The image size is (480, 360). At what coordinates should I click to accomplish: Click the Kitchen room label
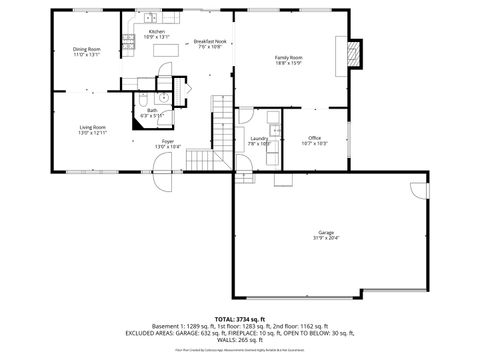[x=158, y=32]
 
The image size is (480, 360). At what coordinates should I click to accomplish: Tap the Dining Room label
[x=87, y=49]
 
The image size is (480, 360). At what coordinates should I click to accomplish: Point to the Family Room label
[x=289, y=58]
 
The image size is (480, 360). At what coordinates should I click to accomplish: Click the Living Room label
[x=94, y=128]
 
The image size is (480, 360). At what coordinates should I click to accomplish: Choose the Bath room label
[x=152, y=110]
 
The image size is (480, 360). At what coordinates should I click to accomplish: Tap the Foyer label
[x=167, y=141]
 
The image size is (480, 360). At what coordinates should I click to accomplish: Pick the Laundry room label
[x=259, y=139]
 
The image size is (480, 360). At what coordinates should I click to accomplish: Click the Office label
[x=314, y=138]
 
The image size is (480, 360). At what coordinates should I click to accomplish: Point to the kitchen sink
[x=149, y=17]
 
